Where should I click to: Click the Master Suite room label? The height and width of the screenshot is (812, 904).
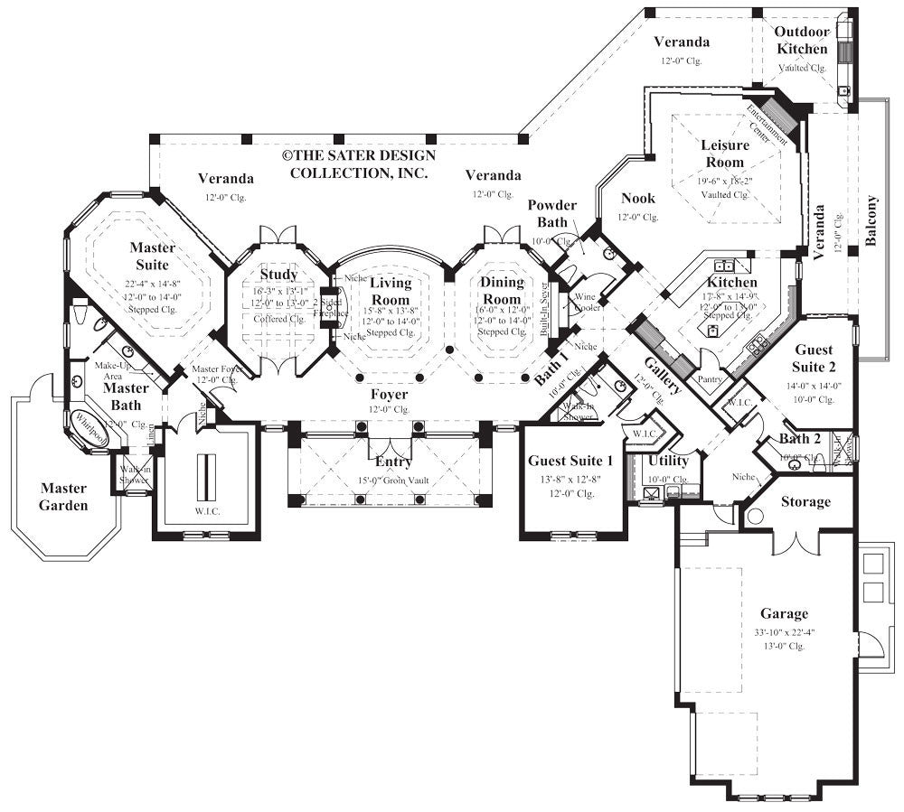pyautogui.click(x=151, y=256)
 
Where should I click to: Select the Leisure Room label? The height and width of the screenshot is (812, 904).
pyautogui.click(x=725, y=154)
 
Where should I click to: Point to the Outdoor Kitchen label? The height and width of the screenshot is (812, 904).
pyautogui.click(x=801, y=41)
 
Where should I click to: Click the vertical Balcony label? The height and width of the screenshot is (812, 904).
pyautogui.click(x=871, y=220)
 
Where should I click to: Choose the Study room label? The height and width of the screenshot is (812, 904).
pyautogui.click(x=278, y=275)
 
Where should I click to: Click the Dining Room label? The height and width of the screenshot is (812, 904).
pyautogui.click(x=502, y=291)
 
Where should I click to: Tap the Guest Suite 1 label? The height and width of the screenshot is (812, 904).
pyautogui.click(x=570, y=462)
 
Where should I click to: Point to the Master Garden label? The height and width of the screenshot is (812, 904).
pyautogui.click(x=63, y=497)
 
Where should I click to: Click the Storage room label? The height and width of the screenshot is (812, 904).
pyautogui.click(x=805, y=501)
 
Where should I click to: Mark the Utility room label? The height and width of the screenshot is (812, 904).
pyautogui.click(x=668, y=461)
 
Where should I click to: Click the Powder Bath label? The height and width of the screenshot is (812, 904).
pyautogui.click(x=552, y=214)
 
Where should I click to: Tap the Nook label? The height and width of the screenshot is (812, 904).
pyautogui.click(x=638, y=198)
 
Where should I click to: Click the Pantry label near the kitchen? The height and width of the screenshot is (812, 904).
pyautogui.click(x=709, y=379)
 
